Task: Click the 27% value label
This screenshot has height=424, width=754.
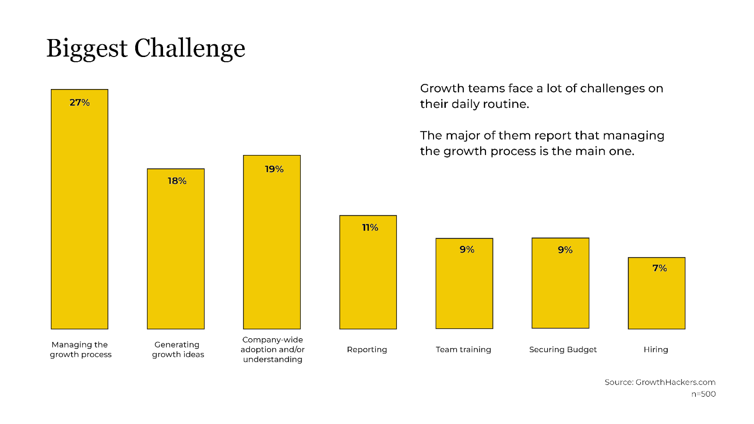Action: click(x=80, y=102)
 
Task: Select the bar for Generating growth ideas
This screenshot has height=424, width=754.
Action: click(x=176, y=254)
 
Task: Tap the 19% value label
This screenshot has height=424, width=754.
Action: click(x=274, y=169)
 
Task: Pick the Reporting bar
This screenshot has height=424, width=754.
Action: click(x=368, y=278)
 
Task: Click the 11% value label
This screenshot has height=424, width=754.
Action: click(x=370, y=228)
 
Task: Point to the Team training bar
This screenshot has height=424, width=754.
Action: click(x=464, y=287)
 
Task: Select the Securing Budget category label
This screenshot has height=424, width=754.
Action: click(x=563, y=350)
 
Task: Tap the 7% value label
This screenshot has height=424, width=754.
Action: click(x=659, y=268)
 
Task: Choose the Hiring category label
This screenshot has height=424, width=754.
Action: click(x=656, y=350)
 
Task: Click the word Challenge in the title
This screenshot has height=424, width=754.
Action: click(x=189, y=49)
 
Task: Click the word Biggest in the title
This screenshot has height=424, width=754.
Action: click(x=87, y=49)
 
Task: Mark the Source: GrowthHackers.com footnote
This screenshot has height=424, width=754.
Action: click(x=660, y=382)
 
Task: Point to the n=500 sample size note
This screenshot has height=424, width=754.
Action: click(x=703, y=394)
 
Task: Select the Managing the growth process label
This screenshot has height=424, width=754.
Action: click(x=81, y=350)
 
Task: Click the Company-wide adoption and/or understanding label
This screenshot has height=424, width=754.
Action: click(x=272, y=350)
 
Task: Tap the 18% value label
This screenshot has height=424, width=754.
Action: click(x=177, y=181)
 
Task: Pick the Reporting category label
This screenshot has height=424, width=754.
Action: click(x=367, y=350)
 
